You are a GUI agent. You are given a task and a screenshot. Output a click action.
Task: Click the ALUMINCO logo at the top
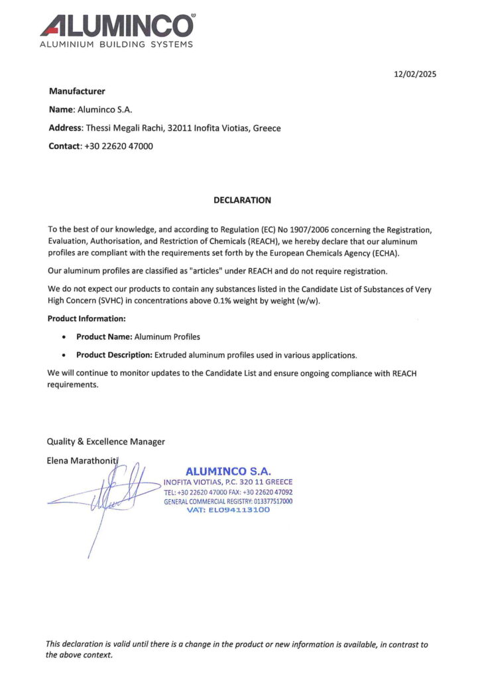click(x=117, y=26)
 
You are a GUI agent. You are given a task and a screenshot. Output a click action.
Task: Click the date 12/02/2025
click(x=414, y=74)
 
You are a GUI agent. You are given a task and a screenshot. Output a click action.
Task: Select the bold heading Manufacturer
click(x=77, y=91)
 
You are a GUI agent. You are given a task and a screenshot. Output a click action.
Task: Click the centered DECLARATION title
click(x=242, y=200)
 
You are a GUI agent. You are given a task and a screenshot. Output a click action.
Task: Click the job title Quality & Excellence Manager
click(x=105, y=442)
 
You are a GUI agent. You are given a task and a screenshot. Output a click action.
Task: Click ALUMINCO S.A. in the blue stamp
click(x=228, y=471)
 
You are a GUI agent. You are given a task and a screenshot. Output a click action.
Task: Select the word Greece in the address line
click(x=267, y=128)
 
